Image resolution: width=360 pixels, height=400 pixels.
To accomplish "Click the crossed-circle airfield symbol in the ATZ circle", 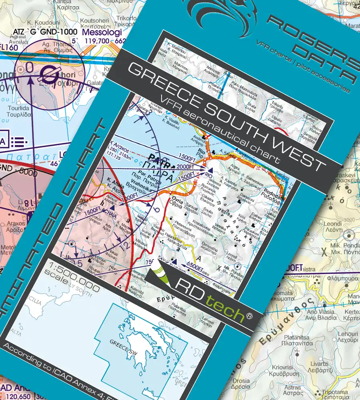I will click(x=50, y=73).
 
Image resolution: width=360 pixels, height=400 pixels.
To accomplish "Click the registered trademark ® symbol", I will click(x=249, y=316).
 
